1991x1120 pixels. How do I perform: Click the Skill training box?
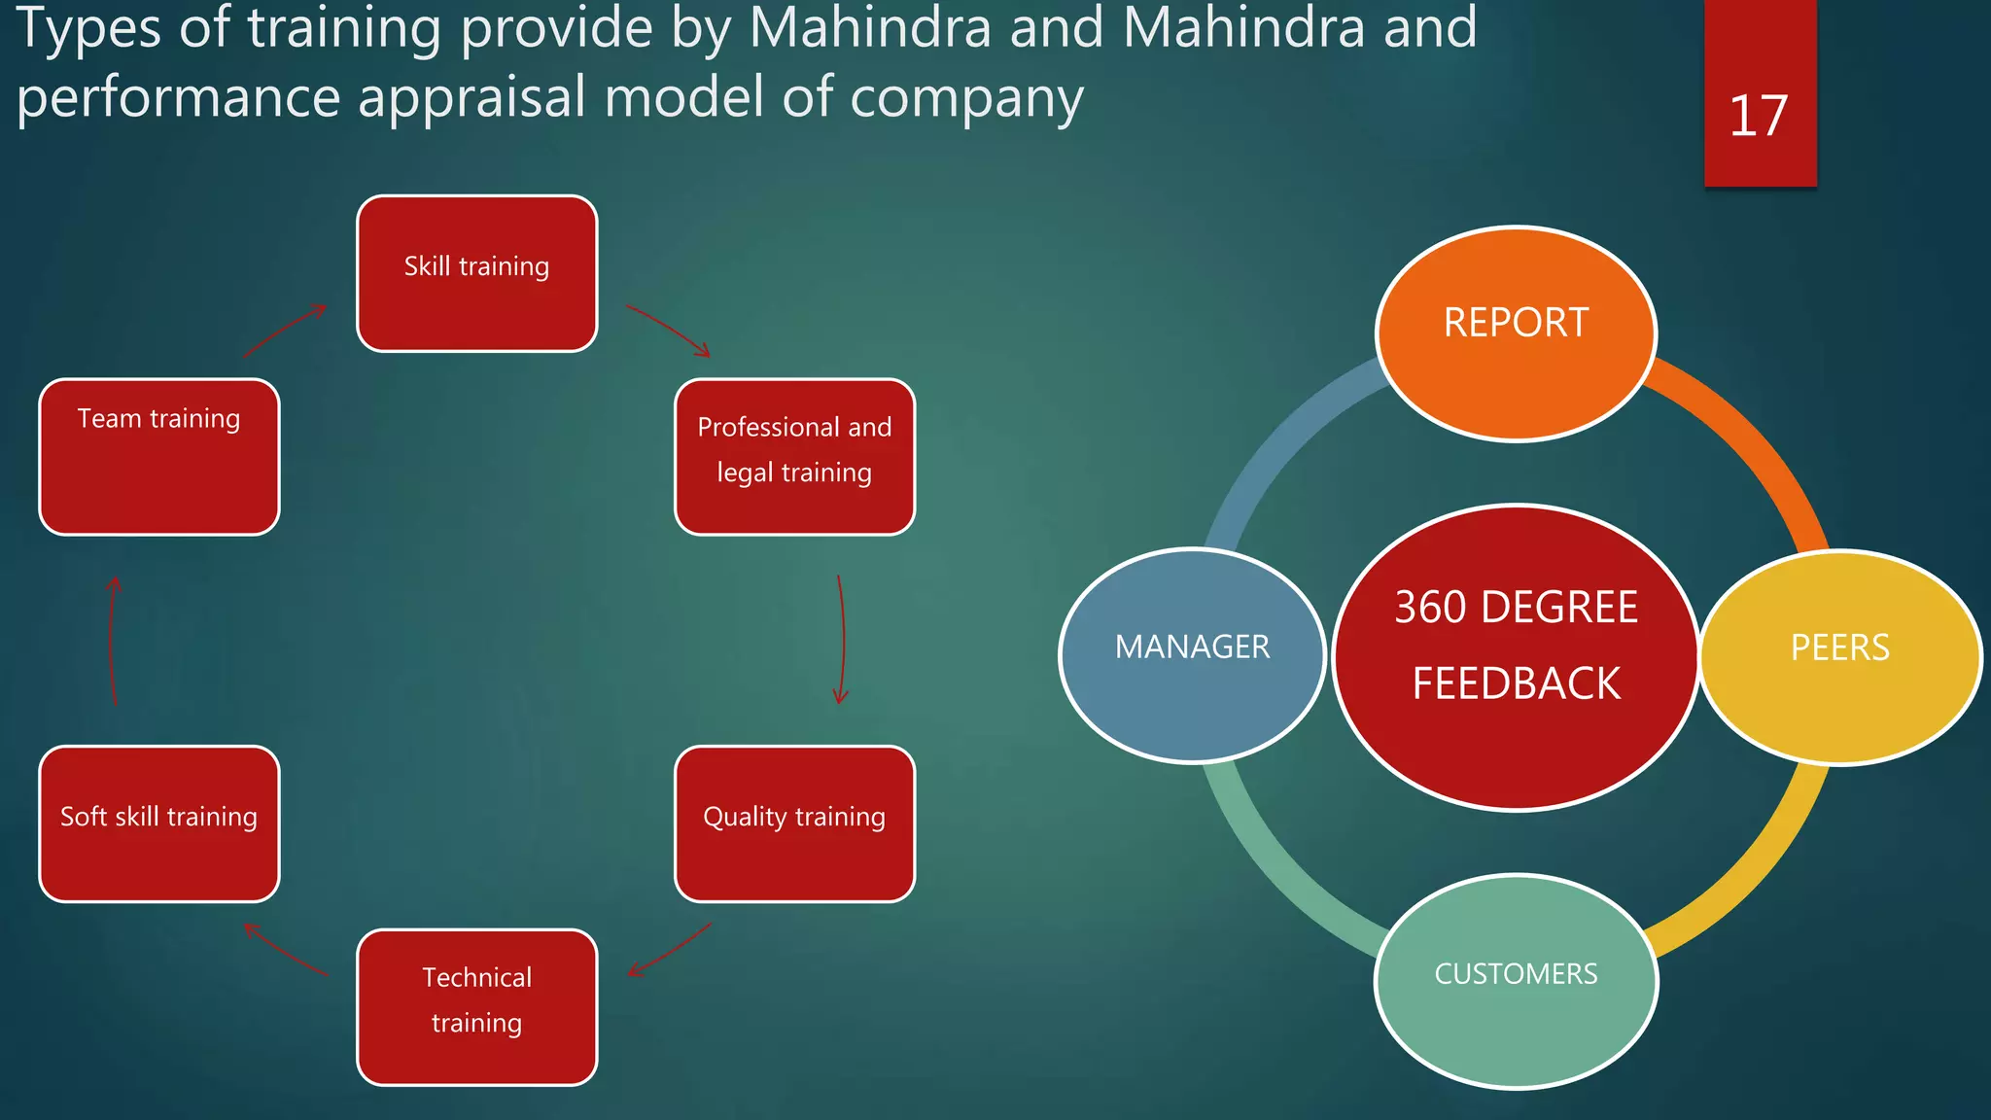tap(476, 273)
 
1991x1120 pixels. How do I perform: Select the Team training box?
tap(159, 457)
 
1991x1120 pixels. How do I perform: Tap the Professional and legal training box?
tap(794, 457)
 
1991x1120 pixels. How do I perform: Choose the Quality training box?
tap(794, 823)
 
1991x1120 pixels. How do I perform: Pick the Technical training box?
tap(476, 1006)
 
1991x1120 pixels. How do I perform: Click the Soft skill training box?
tap(159, 823)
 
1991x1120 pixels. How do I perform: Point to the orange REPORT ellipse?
tap(1516, 333)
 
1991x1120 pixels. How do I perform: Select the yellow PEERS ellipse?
tap(1839, 657)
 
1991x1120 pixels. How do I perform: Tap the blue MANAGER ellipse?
tap(1192, 654)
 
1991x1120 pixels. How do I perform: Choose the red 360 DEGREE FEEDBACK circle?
tap(1516, 656)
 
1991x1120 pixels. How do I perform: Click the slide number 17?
tap(1759, 117)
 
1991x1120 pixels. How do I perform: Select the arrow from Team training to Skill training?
tap(284, 331)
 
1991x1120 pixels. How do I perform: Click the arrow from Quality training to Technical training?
tap(670, 951)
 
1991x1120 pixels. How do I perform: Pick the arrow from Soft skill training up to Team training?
tap(112, 642)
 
